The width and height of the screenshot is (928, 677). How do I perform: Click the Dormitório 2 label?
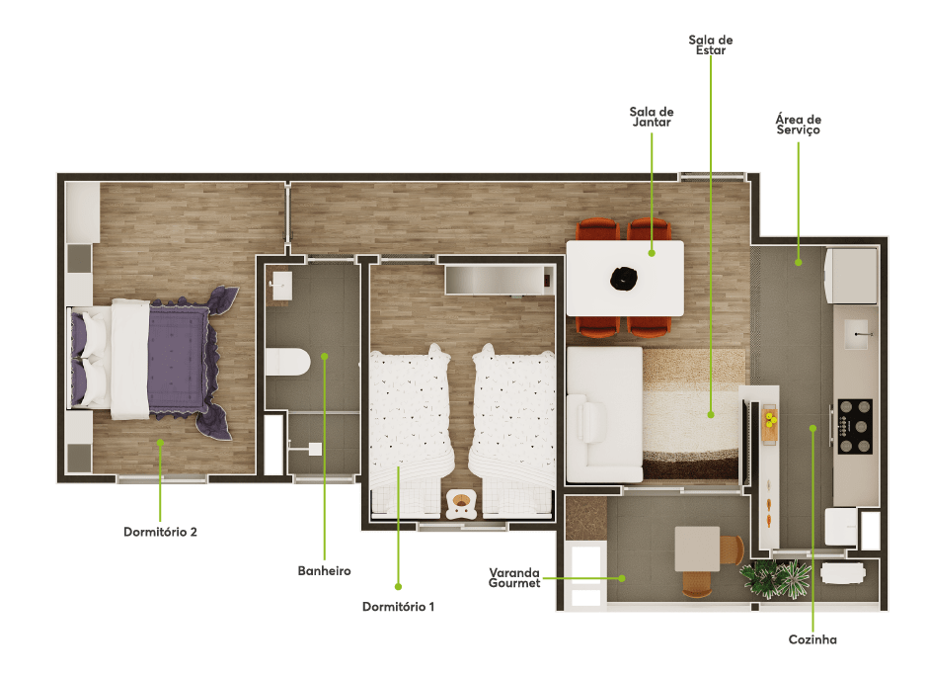(x=160, y=532)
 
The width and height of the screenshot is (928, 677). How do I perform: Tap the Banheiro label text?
(x=325, y=571)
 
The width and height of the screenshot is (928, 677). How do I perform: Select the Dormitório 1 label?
(x=398, y=607)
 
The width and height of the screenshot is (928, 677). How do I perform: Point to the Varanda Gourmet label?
(x=514, y=577)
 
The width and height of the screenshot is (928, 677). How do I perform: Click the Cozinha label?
(x=812, y=639)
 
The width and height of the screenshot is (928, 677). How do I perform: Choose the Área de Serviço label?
(x=799, y=125)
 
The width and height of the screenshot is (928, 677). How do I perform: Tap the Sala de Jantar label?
(x=652, y=117)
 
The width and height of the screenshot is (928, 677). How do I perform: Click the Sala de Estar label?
(x=711, y=45)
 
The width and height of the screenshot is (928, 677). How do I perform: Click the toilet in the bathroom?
(x=288, y=362)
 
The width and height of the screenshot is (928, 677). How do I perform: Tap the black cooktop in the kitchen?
(x=855, y=426)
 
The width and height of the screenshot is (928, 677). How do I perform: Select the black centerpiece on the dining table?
(x=624, y=279)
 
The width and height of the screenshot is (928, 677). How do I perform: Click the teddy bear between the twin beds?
(x=461, y=504)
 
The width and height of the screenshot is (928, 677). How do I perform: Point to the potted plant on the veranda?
(x=775, y=579)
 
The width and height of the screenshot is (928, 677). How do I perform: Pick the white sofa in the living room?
(x=604, y=415)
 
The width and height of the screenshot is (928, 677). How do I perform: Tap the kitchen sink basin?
(x=856, y=335)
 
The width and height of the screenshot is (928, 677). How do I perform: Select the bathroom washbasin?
(x=281, y=286)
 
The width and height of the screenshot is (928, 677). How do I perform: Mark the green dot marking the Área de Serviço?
(x=799, y=262)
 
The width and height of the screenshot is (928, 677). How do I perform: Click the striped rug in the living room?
(x=691, y=414)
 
